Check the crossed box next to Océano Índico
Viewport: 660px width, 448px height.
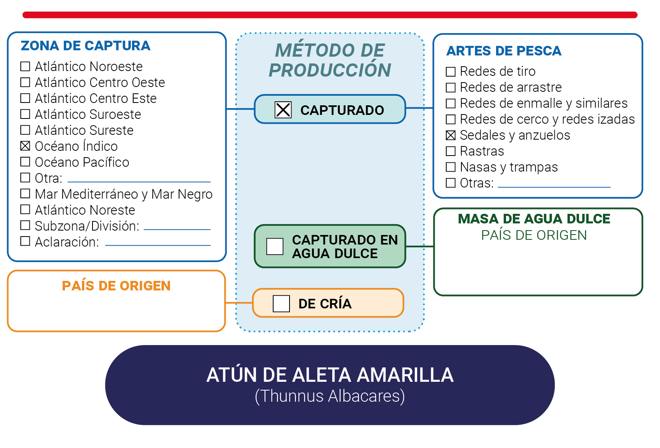[x=25, y=146]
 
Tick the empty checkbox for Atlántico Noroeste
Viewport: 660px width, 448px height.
[x=25, y=66]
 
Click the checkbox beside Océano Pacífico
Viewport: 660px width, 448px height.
[x=25, y=162]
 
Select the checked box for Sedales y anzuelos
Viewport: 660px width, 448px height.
[x=451, y=135]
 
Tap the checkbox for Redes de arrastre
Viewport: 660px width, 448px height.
[x=451, y=87]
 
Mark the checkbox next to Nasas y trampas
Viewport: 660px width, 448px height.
[x=451, y=167]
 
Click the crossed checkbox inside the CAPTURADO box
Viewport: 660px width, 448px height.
[x=283, y=110]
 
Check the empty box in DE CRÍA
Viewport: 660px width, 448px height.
[x=281, y=303]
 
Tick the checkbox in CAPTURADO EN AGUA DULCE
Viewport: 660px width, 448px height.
[x=275, y=247]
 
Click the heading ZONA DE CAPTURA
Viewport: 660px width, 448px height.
[x=85, y=46]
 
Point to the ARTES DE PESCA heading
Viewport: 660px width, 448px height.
[x=504, y=51]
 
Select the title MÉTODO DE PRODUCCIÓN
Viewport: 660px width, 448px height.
[x=330, y=60]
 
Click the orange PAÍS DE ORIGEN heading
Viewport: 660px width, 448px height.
[x=116, y=286]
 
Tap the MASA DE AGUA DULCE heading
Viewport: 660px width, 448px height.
[x=534, y=219]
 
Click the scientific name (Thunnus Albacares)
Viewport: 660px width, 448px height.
[x=330, y=396]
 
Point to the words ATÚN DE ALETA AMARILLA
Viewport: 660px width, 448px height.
[x=330, y=375]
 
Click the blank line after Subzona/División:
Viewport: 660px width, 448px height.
[x=177, y=229]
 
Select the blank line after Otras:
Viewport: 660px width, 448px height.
[x=554, y=187]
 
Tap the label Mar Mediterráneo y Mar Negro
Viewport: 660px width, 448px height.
[x=124, y=195]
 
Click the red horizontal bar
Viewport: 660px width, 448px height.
[x=330, y=15]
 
